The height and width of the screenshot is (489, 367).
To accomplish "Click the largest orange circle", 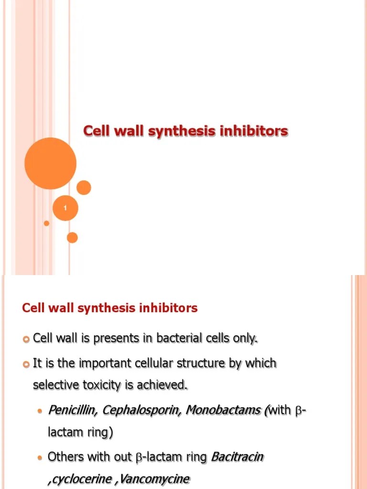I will [x=50, y=163].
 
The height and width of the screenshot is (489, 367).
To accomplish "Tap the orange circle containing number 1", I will [x=65, y=208].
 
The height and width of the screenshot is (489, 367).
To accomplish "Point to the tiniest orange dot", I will [x=46, y=223].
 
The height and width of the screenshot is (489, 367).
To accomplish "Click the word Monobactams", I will [x=224, y=410].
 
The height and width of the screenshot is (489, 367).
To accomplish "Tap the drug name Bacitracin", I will [x=237, y=457].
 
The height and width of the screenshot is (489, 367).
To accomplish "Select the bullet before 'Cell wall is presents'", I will [x=26, y=339].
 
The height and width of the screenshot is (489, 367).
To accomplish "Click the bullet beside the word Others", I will [x=40, y=457].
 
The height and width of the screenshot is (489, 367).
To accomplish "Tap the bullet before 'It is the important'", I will [x=26, y=363].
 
